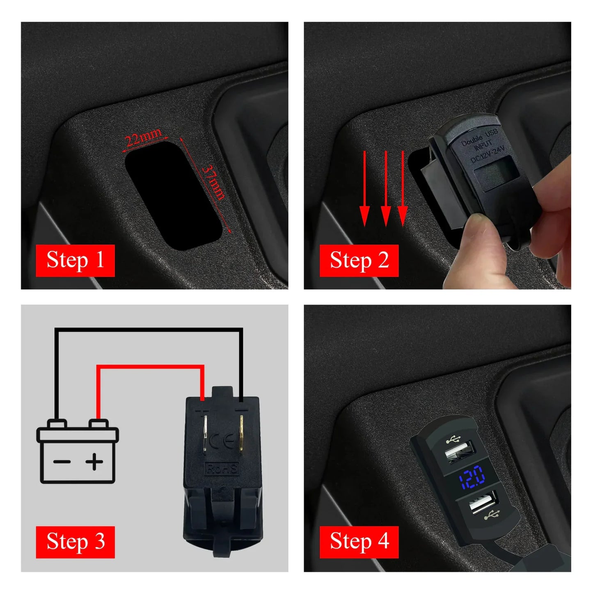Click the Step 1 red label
(x=75, y=260)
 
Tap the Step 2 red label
(x=359, y=260)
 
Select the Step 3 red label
(x=75, y=542)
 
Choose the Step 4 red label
(x=359, y=542)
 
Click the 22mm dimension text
(x=143, y=137)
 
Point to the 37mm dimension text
(x=214, y=183)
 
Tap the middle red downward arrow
(x=385, y=189)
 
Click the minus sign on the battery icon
(x=62, y=462)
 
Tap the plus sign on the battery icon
(x=94, y=462)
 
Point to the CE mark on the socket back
(x=222, y=442)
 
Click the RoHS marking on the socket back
(x=222, y=468)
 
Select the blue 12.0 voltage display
(x=472, y=477)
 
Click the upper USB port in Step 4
(x=460, y=451)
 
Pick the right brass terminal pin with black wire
(x=241, y=435)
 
